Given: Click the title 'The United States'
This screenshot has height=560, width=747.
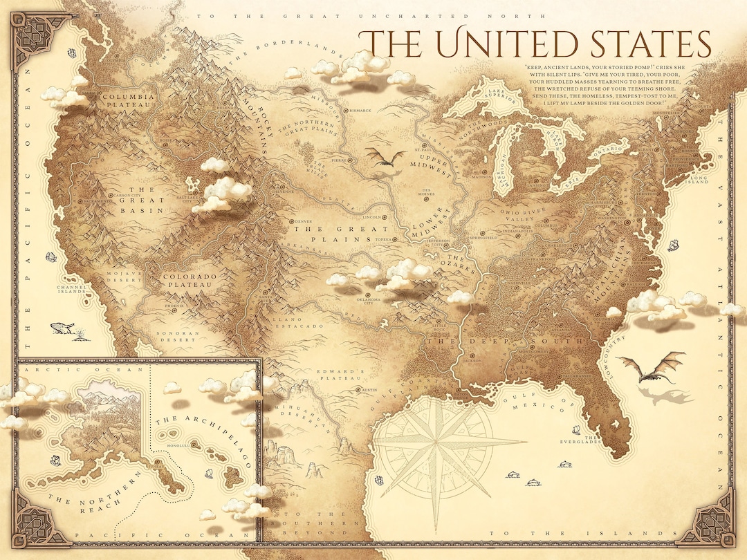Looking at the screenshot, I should pyautogui.click(x=538, y=44).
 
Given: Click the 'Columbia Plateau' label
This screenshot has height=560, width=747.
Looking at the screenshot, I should pyautogui.click(x=129, y=102).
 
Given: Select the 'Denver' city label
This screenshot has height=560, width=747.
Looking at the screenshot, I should pyautogui.click(x=304, y=222).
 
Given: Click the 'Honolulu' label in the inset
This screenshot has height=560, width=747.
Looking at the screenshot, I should pyautogui.click(x=169, y=447).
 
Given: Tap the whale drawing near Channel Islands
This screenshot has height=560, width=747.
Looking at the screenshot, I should pyautogui.click(x=62, y=329).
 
